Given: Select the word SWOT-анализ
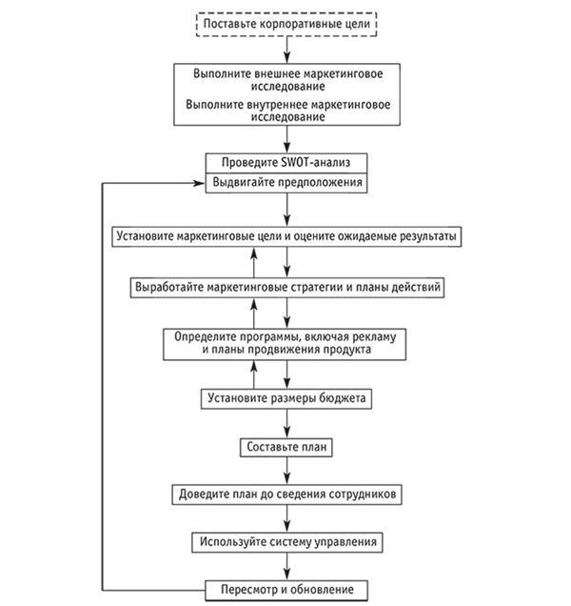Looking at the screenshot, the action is tap(316, 162).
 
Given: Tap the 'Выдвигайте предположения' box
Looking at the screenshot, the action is tap(286, 183).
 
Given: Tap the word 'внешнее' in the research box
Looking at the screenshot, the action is tap(278, 73).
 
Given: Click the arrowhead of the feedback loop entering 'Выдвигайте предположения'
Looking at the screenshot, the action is tap(199, 183).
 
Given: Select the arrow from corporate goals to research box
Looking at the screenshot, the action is tap(286, 50).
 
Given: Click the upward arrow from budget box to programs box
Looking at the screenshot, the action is tap(254, 374).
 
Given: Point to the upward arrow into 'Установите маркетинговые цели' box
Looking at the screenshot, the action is tap(254, 262).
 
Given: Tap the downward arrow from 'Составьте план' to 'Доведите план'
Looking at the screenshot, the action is tap(286, 471).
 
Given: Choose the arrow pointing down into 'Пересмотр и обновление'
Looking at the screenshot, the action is tap(286, 566).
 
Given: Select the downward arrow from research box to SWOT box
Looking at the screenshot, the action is tap(286, 139).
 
